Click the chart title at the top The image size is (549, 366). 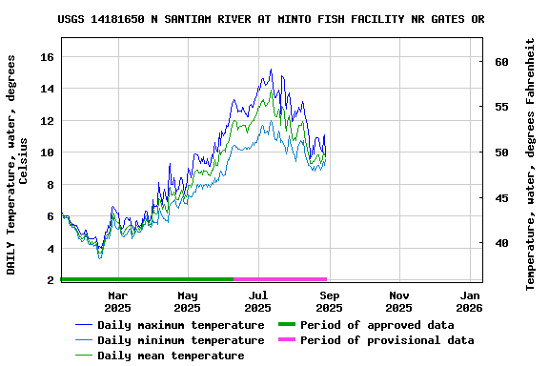tap(271, 19)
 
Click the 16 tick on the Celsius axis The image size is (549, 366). tap(46, 57)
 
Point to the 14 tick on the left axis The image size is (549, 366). tap(46, 89)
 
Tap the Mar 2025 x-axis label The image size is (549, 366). tap(117, 301)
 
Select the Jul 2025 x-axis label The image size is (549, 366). tap(258, 301)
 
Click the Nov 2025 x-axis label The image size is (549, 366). tap(399, 301)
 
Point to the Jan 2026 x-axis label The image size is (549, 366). tap(470, 301)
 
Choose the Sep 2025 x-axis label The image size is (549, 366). tap(329, 301)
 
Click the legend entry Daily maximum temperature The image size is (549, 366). tap(167, 325)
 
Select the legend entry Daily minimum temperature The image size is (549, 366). tap(167, 340)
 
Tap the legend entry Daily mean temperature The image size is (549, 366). tap(159, 356)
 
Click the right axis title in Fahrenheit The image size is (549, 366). tap(531, 164)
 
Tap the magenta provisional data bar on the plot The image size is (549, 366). tap(281, 279)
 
